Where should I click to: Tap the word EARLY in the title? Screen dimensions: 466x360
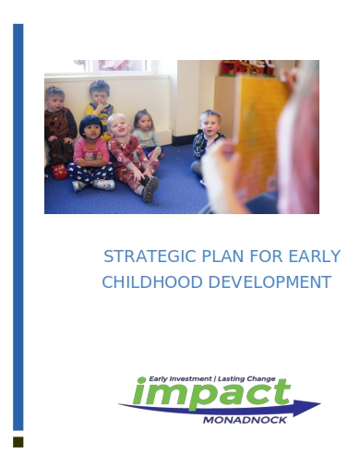click(x=314, y=256)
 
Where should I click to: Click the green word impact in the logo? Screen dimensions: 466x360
click(x=211, y=394)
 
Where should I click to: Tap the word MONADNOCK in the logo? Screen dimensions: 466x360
click(x=244, y=421)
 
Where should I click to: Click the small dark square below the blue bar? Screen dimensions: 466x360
click(x=18, y=442)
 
